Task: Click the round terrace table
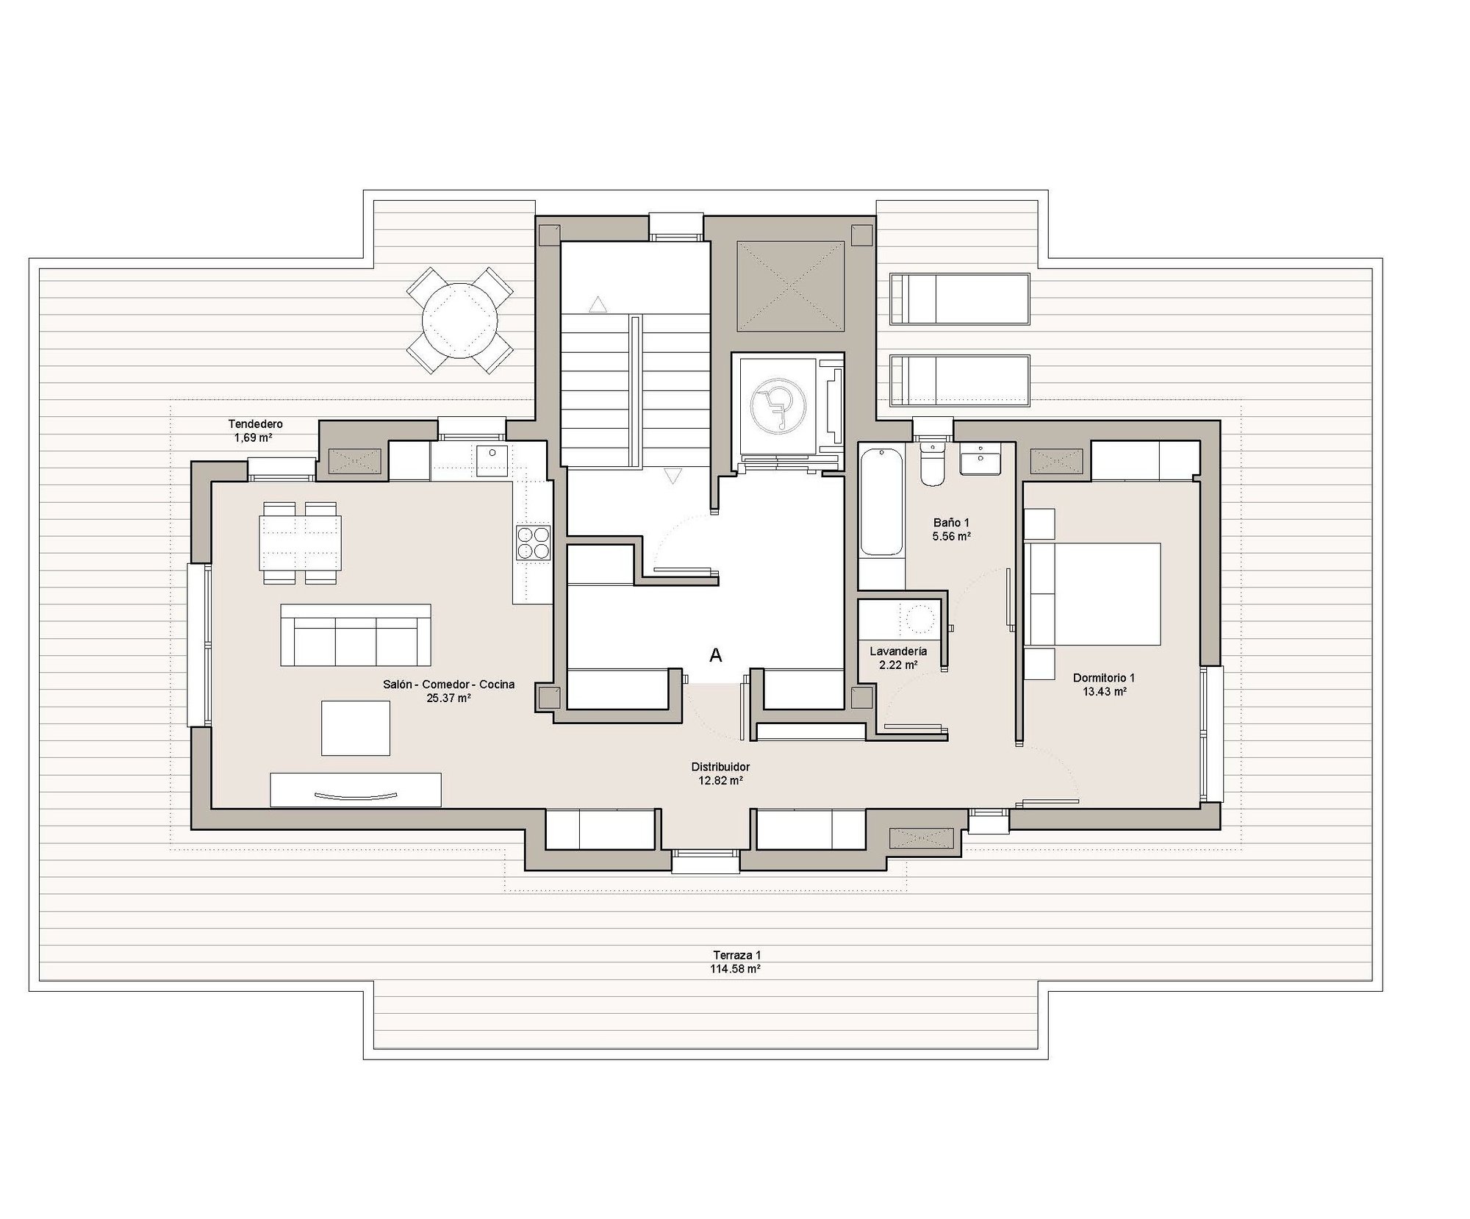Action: tap(460, 321)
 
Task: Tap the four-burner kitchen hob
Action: tap(533, 543)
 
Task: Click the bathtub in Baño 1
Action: tap(881, 502)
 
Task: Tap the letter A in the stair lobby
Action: tap(715, 655)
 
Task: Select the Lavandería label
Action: tap(898, 651)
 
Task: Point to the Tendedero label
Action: tap(256, 424)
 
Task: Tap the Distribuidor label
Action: tap(720, 767)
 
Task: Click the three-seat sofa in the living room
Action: tap(356, 635)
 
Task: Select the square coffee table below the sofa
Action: tap(356, 728)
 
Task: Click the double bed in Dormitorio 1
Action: tap(1093, 594)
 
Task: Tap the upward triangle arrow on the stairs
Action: tap(598, 304)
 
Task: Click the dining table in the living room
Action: tap(301, 543)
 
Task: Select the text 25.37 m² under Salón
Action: tap(448, 698)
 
